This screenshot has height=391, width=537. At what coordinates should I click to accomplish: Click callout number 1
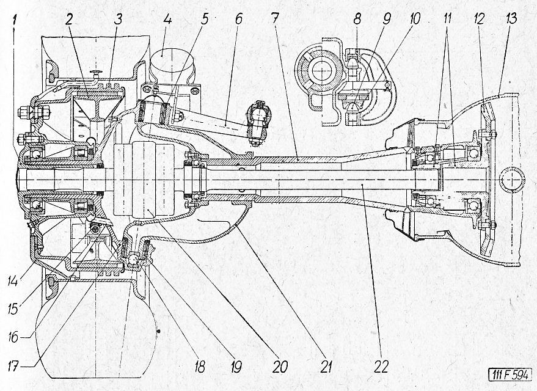tap(14, 21)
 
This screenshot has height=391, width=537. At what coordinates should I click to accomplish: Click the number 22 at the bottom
tap(381, 367)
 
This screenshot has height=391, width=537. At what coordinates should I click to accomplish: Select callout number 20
tap(280, 367)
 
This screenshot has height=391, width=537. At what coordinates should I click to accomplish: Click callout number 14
tap(13, 282)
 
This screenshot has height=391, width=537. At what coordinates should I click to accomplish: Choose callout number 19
tap(235, 367)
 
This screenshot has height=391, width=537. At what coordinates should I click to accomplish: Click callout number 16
tap(13, 337)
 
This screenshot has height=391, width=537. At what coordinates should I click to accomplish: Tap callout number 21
tap(326, 367)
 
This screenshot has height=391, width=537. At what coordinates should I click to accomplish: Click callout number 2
tap(69, 20)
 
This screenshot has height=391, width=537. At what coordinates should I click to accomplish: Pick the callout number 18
tap(199, 367)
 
